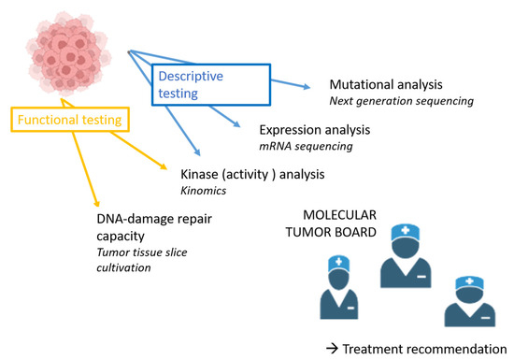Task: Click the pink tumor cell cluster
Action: pyautogui.click(x=68, y=53)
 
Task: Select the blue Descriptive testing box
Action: pyautogui.click(x=211, y=65)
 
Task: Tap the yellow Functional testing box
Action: pyautogui.click(x=70, y=108)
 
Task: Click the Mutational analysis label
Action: pyautogui.click(x=386, y=84)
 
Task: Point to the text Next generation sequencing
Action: pyautogui.click(x=401, y=101)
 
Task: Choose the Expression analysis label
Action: pyautogui.click(x=315, y=130)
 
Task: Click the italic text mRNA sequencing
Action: pyautogui.click(x=306, y=146)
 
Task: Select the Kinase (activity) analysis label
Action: pyautogui.click(x=252, y=175)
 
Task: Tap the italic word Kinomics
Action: pyautogui.click(x=203, y=191)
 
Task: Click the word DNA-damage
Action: pyautogui.click(x=133, y=219)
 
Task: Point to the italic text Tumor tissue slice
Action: pyautogui.click(x=142, y=252)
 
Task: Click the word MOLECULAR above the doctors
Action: pyautogui.click(x=339, y=215)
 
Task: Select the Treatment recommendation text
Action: pyautogui.click(x=424, y=349)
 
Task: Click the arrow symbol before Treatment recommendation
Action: pyautogui.click(x=332, y=349)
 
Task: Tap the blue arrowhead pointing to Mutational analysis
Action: pyautogui.click(x=307, y=87)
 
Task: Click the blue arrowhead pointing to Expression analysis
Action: pyautogui.click(x=236, y=123)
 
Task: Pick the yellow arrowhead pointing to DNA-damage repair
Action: pyautogui.click(x=96, y=204)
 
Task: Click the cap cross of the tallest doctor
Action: pyautogui.click(x=406, y=230)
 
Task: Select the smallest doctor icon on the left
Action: pyautogui.click(x=339, y=288)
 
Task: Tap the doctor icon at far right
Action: pyautogui.click(x=470, y=301)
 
